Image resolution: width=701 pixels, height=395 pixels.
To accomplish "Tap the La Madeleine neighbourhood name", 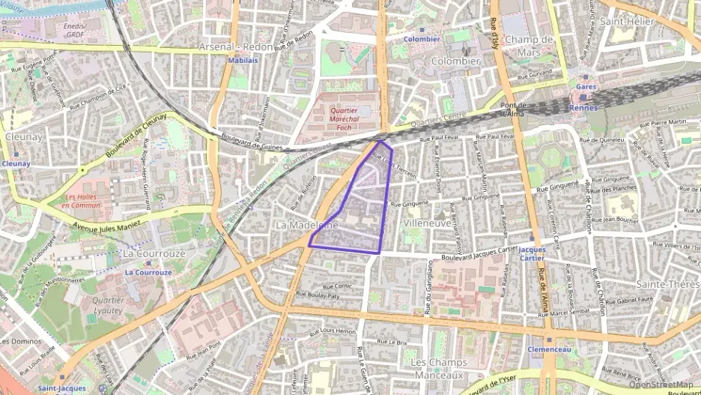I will (x=307, y=225).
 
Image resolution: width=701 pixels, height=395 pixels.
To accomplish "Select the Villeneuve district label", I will (x=427, y=223).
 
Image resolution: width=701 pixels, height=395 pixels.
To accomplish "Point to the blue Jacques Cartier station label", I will (x=532, y=254).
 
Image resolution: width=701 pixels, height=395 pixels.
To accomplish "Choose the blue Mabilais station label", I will (x=237, y=60).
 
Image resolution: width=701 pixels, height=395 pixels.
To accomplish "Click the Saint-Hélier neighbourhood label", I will (x=627, y=22).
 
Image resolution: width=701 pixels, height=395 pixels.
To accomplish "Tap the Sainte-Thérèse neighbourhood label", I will (x=667, y=284).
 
